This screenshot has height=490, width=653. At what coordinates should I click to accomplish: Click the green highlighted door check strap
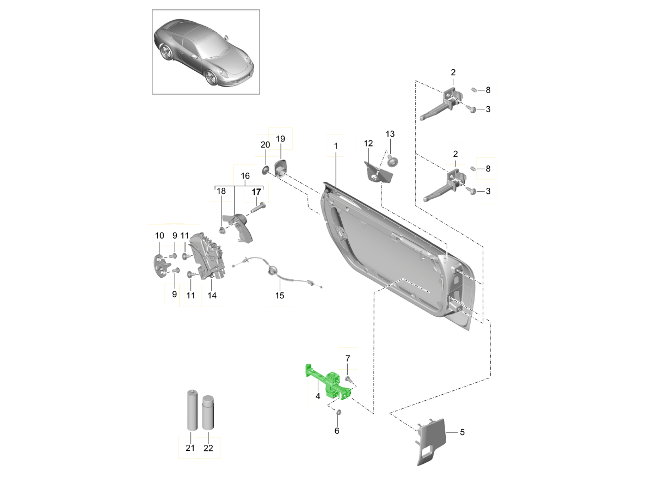(326, 382)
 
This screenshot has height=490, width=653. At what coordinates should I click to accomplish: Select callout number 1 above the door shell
(336, 146)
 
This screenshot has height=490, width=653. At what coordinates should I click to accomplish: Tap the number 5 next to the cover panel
(462, 433)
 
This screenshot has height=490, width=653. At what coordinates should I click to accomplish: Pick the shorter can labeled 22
(208, 412)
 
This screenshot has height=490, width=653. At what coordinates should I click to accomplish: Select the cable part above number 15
(275, 271)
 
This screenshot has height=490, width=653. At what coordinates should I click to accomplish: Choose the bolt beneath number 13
(393, 161)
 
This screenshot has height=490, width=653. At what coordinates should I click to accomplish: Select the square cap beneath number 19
(281, 166)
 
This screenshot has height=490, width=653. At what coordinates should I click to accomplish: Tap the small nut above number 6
(337, 412)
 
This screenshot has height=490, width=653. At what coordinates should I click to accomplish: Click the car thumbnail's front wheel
(212, 78)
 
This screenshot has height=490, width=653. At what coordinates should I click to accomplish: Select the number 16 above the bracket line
(244, 176)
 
